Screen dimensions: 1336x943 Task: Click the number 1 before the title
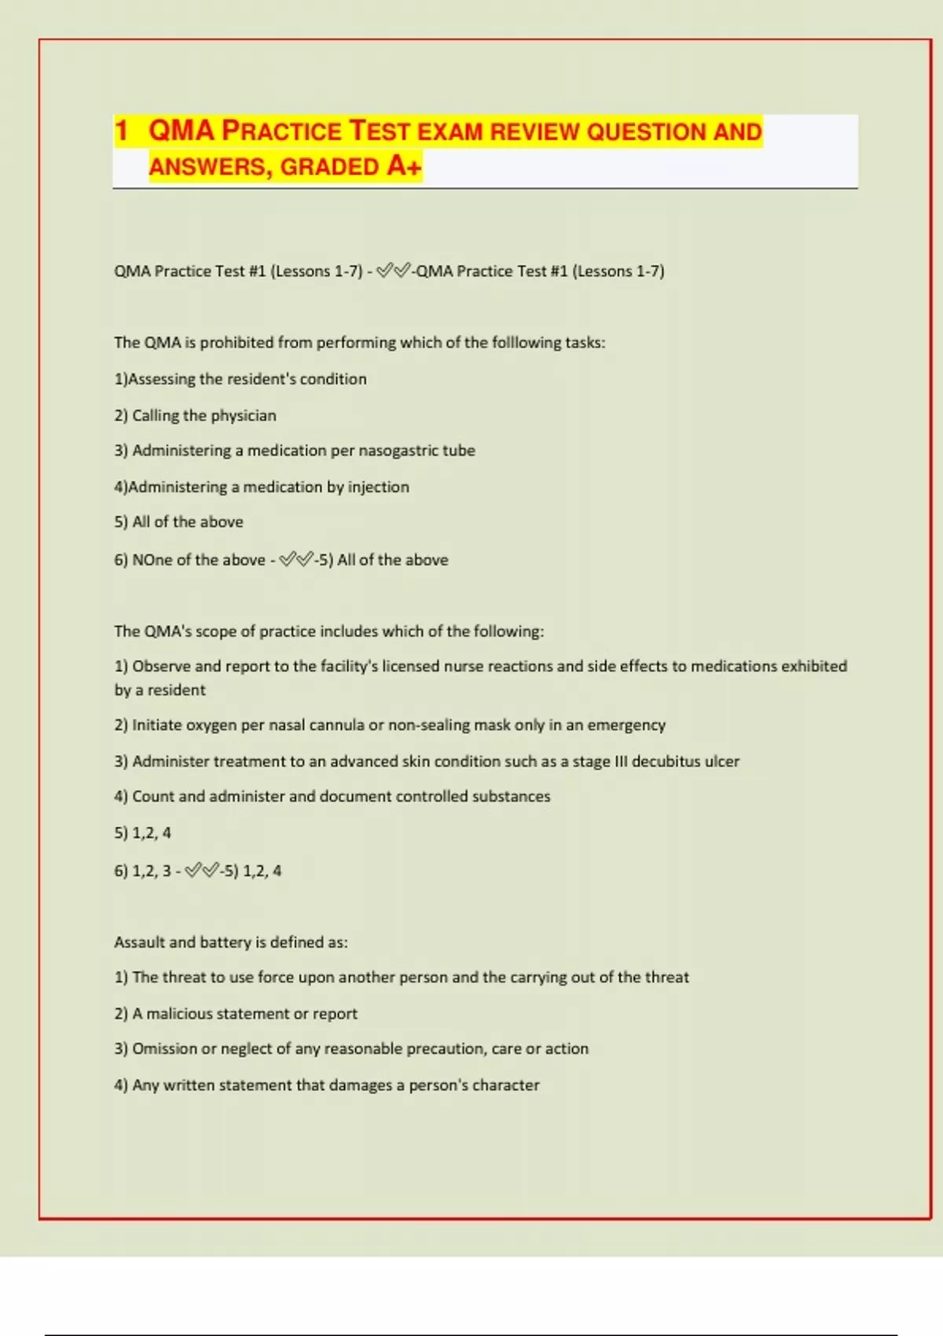pos(121,130)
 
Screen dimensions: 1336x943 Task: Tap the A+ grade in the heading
pos(404,166)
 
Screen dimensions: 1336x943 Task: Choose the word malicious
pos(179,1013)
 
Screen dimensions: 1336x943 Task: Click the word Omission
pos(164,1048)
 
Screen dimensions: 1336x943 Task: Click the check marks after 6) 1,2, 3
pos(202,870)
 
